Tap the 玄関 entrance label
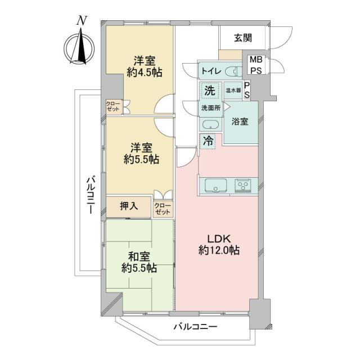pos(242,38)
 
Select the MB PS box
pos(255,65)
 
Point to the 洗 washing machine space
pos(209,90)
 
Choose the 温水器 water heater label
pos(233,90)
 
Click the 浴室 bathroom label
pos(240,121)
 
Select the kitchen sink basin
pos(214,184)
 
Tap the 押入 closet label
pos(128,206)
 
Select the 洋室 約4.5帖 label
pos(144,66)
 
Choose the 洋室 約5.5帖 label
pos(141,153)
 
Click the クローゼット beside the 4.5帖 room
pos(113,106)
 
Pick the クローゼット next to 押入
pos(163,209)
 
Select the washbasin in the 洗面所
pos(211,125)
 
